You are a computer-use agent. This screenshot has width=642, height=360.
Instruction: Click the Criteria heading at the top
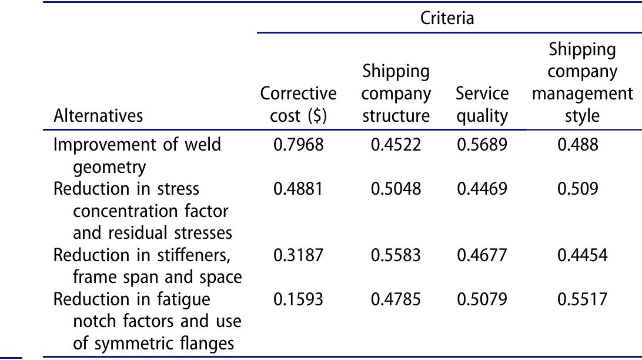coord(447,18)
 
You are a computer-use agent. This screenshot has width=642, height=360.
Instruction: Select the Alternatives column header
coord(98,115)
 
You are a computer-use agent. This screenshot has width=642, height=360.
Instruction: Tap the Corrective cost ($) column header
coord(298,105)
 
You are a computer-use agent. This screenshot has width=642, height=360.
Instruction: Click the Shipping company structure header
coord(396,94)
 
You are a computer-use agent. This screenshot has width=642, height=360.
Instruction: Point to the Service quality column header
coord(482,105)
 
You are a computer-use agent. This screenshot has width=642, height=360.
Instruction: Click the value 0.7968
coord(298,145)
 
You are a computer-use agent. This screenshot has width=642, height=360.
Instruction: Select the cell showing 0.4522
coord(396,145)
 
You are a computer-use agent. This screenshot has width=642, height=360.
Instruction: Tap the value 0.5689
coord(482,145)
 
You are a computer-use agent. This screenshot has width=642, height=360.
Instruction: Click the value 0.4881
coord(298,189)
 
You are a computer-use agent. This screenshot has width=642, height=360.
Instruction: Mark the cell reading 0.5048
coord(396,189)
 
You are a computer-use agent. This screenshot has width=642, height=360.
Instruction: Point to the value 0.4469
coord(482,189)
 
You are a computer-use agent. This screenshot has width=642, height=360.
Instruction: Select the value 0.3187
coord(298,256)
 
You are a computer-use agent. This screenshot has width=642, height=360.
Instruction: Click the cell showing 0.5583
coord(396,256)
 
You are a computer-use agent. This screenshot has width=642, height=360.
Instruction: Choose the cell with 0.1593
coord(298,300)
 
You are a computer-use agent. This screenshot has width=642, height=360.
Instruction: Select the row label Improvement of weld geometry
coord(137,155)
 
